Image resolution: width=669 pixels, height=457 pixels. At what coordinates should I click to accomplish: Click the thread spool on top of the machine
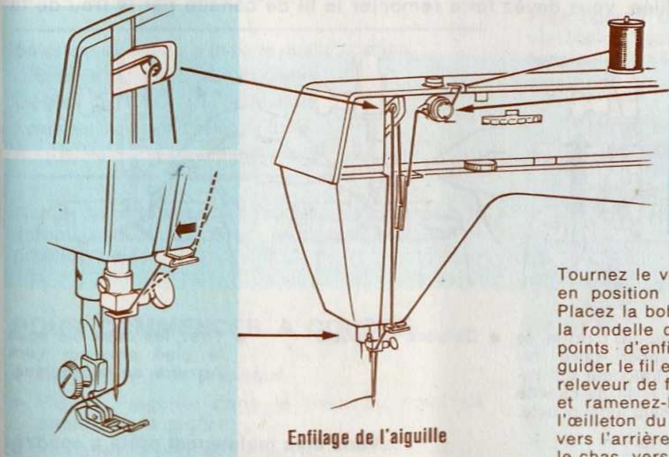[x=625, y=46]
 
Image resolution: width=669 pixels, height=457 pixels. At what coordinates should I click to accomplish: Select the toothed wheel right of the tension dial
[x=511, y=118]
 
